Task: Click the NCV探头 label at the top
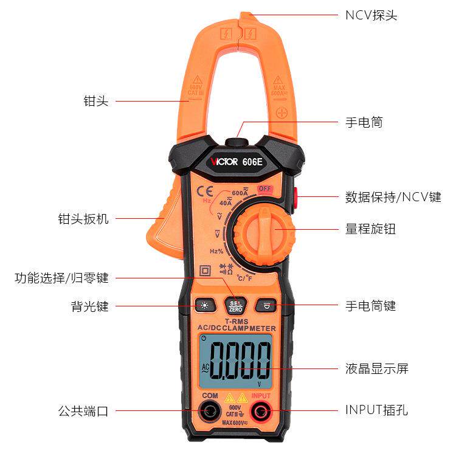coord(371,15)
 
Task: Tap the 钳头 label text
coord(95,102)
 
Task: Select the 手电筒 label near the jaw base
coord(364,122)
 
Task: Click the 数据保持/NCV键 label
coord(393,196)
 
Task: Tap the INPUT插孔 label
coord(377,410)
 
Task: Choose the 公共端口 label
coord(85,411)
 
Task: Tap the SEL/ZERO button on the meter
coord(233,305)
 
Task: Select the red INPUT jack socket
coord(261,411)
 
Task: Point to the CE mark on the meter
coord(205,191)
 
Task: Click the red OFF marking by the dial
coord(264,188)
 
